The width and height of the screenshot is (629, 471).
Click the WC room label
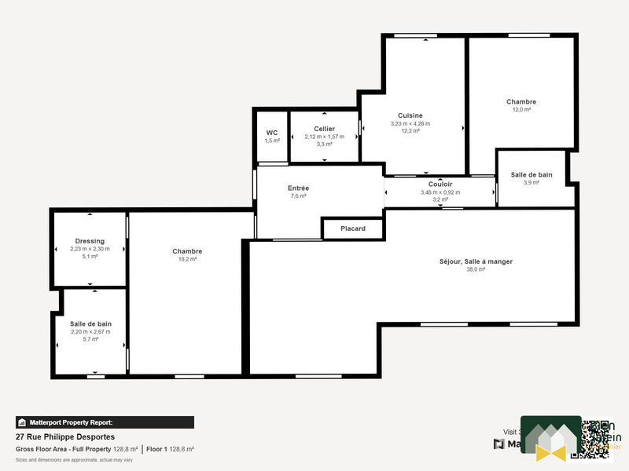point(272,133)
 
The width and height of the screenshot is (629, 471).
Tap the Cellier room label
point(324,129)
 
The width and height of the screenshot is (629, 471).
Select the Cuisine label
point(410,115)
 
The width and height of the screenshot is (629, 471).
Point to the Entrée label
point(298,188)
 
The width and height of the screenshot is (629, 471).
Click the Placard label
point(353,228)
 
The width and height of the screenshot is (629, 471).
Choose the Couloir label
point(440,184)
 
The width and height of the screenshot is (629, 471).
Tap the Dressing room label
point(90,241)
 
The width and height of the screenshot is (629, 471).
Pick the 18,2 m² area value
point(187,259)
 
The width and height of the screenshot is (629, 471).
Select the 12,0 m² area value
point(521,110)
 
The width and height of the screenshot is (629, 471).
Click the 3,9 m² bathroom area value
point(532,182)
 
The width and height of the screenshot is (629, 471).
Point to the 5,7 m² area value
point(90,339)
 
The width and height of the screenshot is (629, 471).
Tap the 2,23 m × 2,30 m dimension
point(90,249)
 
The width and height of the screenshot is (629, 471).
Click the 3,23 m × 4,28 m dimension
point(410,123)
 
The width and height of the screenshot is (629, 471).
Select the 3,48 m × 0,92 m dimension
point(440,192)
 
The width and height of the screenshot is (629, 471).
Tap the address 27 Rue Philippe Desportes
point(65,436)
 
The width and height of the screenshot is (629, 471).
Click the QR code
point(596,439)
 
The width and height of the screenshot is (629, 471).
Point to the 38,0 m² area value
point(477,269)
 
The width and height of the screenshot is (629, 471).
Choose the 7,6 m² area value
point(298,196)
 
